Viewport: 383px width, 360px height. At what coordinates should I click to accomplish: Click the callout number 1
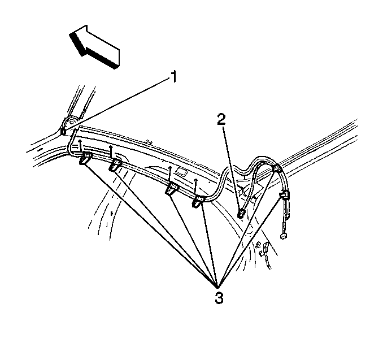pos(173,77)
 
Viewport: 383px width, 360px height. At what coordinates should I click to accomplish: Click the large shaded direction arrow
pos(95,46)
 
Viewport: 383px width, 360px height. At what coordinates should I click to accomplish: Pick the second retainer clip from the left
pos(115,164)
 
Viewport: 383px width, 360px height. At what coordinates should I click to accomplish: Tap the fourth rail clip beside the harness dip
pos(198,201)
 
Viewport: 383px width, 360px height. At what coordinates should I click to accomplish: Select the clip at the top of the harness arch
pos(276,168)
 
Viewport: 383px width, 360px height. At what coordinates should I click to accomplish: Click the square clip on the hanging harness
pos(284,195)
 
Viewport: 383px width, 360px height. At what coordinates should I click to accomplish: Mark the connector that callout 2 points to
pos(241,214)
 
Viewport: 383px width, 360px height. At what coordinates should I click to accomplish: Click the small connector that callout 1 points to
pos(63,132)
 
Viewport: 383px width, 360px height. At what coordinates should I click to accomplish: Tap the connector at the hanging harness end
pos(284,236)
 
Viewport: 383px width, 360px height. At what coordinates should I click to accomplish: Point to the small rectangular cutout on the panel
pos(181,172)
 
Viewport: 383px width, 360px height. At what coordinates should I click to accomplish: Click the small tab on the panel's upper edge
pos(148,141)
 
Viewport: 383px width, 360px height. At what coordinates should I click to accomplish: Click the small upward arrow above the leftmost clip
pos(80,146)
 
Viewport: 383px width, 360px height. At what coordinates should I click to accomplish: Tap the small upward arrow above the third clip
pos(170,175)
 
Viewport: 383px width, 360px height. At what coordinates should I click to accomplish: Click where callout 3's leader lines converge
pos(217,287)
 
